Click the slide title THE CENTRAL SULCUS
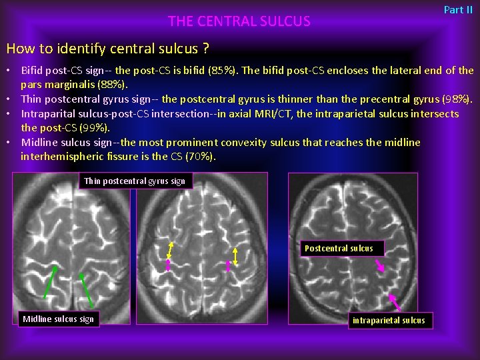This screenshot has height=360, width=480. point(239,21)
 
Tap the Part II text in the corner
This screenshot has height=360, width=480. point(458,10)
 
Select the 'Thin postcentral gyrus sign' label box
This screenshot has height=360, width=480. point(135,181)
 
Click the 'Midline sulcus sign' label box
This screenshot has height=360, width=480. point(59,319)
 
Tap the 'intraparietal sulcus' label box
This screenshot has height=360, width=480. point(389,321)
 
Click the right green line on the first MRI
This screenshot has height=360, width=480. point(86,290)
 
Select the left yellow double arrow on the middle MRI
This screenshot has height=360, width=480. point(170,249)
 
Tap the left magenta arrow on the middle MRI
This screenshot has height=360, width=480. point(168,265)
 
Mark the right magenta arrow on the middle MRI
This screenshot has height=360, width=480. point(229,267)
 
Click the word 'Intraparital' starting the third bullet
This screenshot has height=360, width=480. point(48,114)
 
